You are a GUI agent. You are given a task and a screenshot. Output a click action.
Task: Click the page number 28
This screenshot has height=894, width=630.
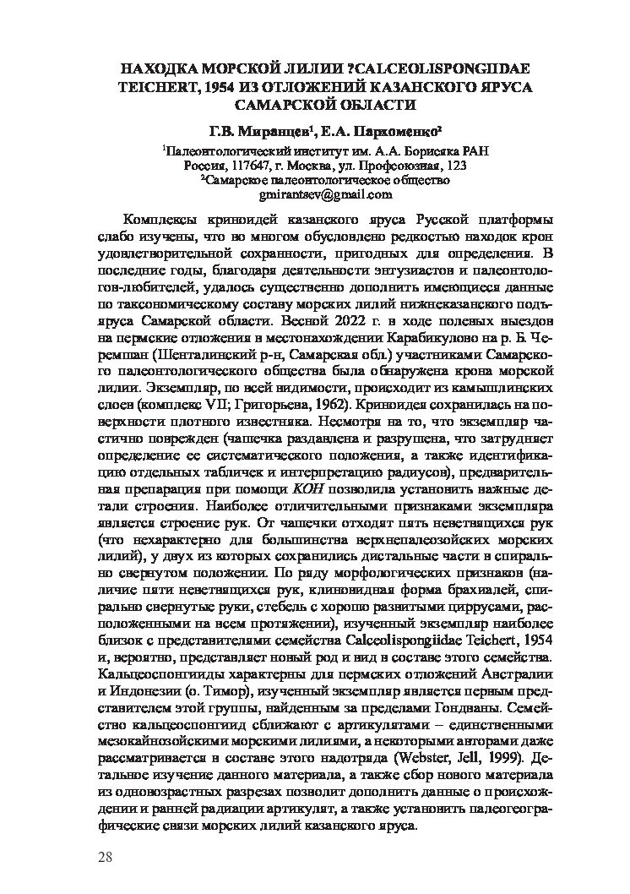pos(106,859)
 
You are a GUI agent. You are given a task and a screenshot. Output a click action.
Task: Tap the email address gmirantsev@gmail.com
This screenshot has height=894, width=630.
pos(315,194)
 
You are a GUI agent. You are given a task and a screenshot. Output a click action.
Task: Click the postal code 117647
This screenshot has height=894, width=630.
pos(250,165)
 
